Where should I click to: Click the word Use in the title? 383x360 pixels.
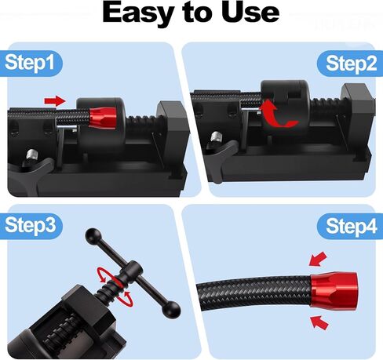(x=250, y=12)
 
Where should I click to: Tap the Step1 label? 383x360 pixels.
(x=30, y=63)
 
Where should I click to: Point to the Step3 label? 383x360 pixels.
(x=30, y=225)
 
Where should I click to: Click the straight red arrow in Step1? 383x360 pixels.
(x=55, y=101)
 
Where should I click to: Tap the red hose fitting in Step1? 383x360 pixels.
(x=102, y=118)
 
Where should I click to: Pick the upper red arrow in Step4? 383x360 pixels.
(x=318, y=259)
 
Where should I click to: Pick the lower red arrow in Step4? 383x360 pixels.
(x=319, y=322)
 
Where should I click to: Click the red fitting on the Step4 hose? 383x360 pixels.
(x=334, y=289)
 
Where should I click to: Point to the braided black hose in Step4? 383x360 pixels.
(x=254, y=293)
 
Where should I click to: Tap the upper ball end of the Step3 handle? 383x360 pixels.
(x=93, y=235)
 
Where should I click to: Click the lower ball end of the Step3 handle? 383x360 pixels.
(x=171, y=309)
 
